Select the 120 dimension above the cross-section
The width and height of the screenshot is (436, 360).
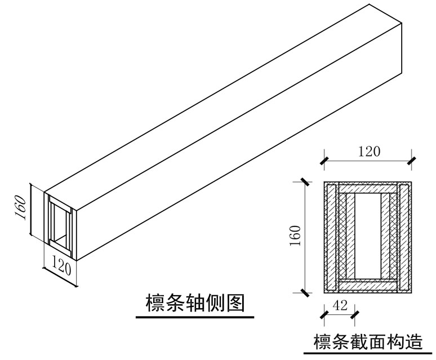tap(369, 150)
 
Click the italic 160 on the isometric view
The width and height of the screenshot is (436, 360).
tap(21, 209)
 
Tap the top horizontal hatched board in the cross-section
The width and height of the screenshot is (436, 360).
tap(368, 188)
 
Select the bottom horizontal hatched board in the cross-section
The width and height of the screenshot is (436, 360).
tap(368, 286)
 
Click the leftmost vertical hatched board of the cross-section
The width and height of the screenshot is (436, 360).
tap(330, 237)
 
